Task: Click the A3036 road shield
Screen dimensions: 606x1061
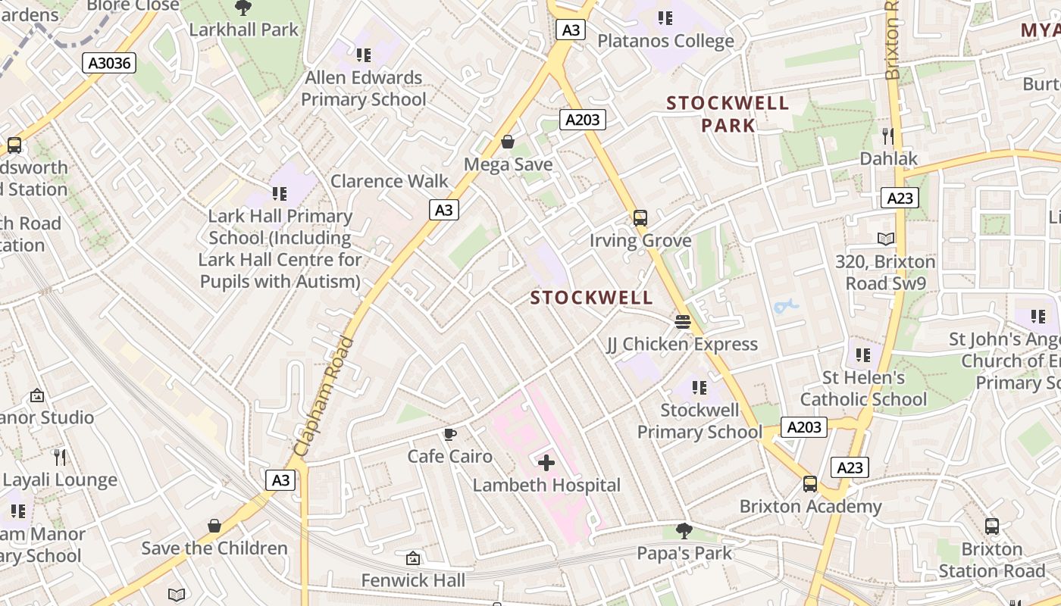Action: point(109,63)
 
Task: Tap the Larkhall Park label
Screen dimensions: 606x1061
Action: point(244,30)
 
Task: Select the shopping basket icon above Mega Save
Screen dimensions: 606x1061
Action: point(508,142)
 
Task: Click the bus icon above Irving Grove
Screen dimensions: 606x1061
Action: point(640,218)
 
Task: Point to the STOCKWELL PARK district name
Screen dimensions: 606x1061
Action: point(728,114)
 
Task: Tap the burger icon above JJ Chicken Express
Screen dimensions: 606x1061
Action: point(682,322)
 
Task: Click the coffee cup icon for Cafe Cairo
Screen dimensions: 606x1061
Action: point(450,434)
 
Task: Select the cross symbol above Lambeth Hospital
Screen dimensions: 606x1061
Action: point(546,462)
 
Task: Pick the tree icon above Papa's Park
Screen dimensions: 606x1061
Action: point(684,530)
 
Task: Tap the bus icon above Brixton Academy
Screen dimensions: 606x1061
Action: point(809,483)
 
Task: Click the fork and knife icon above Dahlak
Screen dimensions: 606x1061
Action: point(888,136)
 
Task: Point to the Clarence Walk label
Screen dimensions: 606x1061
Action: point(390,181)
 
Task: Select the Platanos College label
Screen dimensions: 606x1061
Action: point(665,41)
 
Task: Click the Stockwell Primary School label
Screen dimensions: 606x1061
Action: point(700,421)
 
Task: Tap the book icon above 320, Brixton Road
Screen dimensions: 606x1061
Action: point(886,239)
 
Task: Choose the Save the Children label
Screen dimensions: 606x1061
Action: point(214,548)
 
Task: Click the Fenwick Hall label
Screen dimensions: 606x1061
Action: point(413,580)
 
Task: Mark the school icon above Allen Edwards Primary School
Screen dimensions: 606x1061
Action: point(364,55)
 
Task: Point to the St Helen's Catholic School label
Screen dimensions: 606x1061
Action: point(863,389)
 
